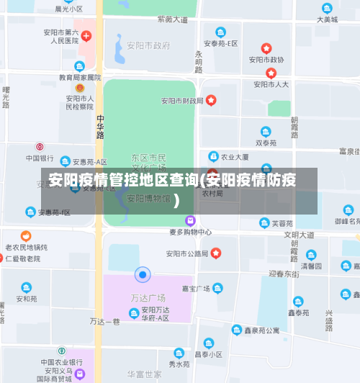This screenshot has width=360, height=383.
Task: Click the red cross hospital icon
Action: pyautogui.click(x=86, y=35)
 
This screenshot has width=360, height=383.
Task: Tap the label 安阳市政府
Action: pyautogui.click(x=148, y=45)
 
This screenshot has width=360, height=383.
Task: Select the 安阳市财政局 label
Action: pyautogui.click(x=182, y=101)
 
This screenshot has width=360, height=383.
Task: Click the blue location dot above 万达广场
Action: pyautogui.click(x=143, y=274)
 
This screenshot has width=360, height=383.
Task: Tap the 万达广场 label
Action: pyautogui.click(x=148, y=297)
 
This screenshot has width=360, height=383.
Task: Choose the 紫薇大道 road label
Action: pyautogui.click(x=171, y=19)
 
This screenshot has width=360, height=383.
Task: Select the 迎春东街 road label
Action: pyautogui.click(x=283, y=274)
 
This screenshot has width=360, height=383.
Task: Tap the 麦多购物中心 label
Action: pyautogui.click(x=190, y=233)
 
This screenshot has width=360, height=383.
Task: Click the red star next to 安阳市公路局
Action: pyautogui.click(x=215, y=253)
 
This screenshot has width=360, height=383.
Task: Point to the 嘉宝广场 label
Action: pyautogui.click(x=195, y=289)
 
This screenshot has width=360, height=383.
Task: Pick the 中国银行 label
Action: pyautogui.click(x=40, y=158)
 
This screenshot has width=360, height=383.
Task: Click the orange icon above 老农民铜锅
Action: pyautogui.click(x=26, y=235)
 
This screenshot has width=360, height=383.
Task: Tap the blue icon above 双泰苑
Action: pyautogui.click(x=266, y=132)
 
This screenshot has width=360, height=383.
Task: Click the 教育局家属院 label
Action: pyautogui.click(x=80, y=77)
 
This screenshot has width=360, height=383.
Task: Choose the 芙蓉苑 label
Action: pyautogui.click(x=282, y=224)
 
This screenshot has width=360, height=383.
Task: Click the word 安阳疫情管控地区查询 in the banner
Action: pyautogui.click(x=122, y=180)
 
